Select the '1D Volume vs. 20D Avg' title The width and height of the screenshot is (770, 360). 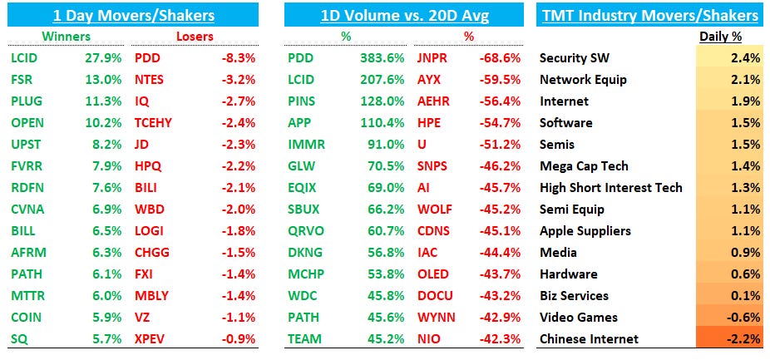[x=403, y=15]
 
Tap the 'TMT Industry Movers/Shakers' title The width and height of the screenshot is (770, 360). [x=650, y=15]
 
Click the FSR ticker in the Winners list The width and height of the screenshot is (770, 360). [x=22, y=80]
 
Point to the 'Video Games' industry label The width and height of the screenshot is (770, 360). [x=579, y=317]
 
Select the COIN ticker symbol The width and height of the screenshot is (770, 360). [x=26, y=317]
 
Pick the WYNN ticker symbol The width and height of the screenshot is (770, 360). [x=437, y=317]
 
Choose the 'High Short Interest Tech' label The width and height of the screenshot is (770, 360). [x=611, y=187]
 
